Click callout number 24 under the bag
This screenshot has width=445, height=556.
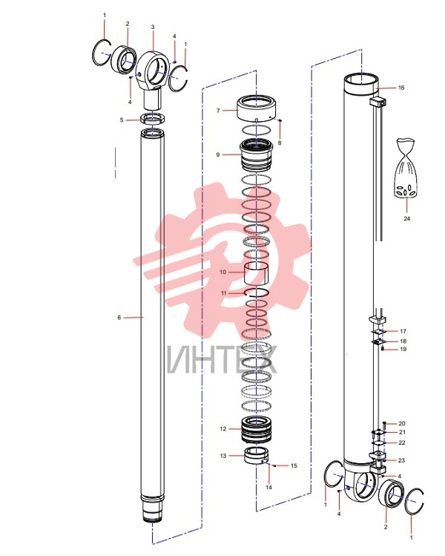pyautogui.click(x=406, y=219)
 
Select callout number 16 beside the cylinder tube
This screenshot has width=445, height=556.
pyautogui.click(x=401, y=88)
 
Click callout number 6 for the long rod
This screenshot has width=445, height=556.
pyautogui.click(x=119, y=318)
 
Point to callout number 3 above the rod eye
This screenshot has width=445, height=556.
pyautogui.click(x=153, y=27)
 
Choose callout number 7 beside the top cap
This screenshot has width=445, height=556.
pyautogui.click(x=218, y=111)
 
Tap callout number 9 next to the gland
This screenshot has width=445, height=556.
pyautogui.click(x=218, y=154)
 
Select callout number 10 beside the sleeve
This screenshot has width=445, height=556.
pyautogui.click(x=222, y=272)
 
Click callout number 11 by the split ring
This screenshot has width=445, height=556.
pyautogui.click(x=223, y=293)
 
